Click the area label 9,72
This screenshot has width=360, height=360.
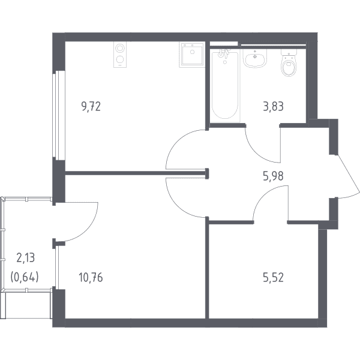click(x=91, y=107)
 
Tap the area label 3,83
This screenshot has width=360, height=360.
click(x=273, y=107)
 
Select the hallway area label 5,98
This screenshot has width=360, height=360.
click(x=273, y=176)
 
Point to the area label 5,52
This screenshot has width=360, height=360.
click(x=273, y=277)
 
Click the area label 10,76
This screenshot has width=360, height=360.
click(x=91, y=277)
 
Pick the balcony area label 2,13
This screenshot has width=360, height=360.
click(x=25, y=257)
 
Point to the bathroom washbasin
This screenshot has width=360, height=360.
click(x=255, y=59)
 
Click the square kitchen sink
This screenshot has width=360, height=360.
click(x=192, y=55)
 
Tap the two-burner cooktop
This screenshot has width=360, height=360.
click(x=120, y=55)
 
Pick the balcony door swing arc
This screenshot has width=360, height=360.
click(x=91, y=228)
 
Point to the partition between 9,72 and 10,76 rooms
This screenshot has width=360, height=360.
click(x=137, y=173)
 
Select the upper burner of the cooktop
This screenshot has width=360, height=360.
click(x=120, y=49)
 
